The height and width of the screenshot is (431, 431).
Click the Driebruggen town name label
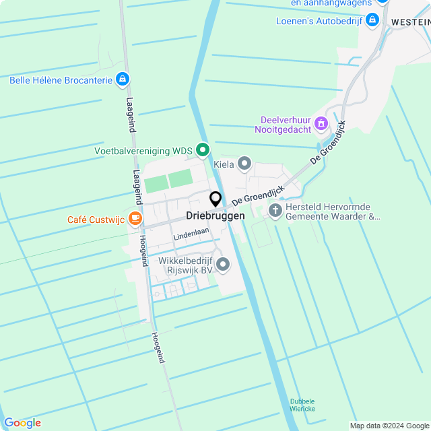(215, 216)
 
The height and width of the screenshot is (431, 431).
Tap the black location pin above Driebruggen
(215, 199)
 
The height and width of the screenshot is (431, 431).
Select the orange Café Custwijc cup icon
(135, 218)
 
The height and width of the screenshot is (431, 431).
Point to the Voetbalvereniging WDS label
(143, 151)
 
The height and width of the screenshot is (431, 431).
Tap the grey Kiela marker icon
(244, 164)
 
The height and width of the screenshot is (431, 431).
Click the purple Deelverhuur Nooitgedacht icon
(321, 124)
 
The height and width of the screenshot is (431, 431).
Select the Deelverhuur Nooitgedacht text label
(286, 125)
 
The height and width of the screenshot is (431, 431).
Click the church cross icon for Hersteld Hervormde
(275, 211)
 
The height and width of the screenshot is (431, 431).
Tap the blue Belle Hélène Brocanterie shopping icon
(122, 80)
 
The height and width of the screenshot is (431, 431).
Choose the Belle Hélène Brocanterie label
(61, 80)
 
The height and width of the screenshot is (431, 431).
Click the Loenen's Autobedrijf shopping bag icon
(372, 22)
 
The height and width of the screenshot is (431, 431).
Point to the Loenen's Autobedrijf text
(319, 21)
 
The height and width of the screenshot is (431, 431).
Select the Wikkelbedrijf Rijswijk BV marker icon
(222, 264)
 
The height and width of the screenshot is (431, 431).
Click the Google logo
(22, 422)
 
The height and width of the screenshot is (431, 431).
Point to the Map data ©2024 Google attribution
(389, 425)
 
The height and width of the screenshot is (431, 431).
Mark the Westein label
(410, 22)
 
